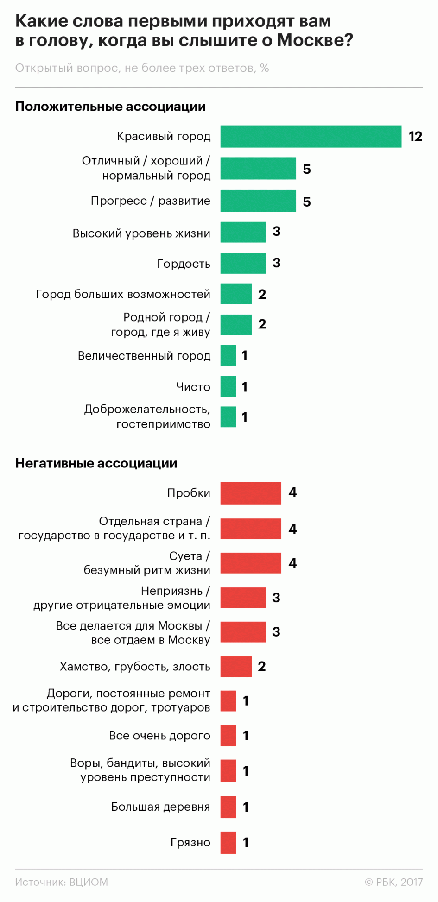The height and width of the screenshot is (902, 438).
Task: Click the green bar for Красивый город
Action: [x=311, y=136]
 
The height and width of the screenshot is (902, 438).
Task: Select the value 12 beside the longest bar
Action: [x=415, y=136]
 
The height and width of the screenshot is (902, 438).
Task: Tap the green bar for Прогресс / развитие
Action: [x=258, y=201]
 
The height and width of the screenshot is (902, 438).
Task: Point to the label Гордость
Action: [x=184, y=264]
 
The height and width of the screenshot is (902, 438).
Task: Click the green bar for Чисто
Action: [x=228, y=386]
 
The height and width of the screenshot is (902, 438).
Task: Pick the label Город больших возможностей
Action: [x=123, y=294]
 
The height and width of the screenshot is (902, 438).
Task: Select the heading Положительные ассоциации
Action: [x=110, y=107]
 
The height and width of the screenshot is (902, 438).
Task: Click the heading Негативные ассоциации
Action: [x=96, y=463]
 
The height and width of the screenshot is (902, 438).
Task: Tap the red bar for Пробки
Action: [x=251, y=493]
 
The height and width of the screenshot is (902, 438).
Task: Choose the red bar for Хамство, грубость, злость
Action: [x=236, y=667]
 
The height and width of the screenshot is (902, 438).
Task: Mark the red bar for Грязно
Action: [x=228, y=842]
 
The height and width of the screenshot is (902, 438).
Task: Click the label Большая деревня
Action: [x=160, y=807]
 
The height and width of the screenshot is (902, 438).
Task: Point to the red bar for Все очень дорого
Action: [x=228, y=736]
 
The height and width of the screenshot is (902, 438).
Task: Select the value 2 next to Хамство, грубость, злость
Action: [x=262, y=666]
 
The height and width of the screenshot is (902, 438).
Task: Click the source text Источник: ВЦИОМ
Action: [x=61, y=882]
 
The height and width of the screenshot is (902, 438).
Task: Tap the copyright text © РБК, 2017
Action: [x=394, y=882]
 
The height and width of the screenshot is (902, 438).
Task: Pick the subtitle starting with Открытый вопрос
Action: [x=142, y=68]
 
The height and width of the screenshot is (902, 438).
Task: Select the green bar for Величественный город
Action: [x=228, y=355]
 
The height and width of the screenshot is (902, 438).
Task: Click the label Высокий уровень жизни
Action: [x=141, y=233]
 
